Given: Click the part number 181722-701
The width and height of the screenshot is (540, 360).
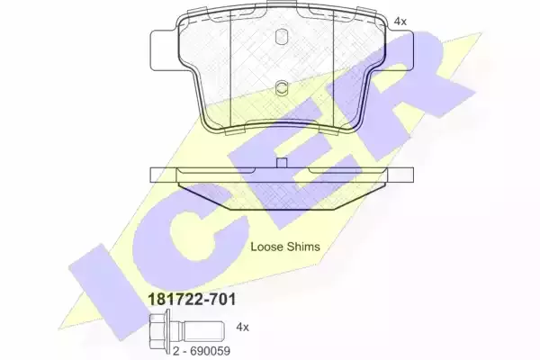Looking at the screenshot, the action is [x=192, y=299].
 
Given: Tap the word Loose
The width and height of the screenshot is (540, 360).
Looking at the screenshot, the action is [x=265, y=247].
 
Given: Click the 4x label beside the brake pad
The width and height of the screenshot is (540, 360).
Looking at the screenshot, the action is [x=400, y=22].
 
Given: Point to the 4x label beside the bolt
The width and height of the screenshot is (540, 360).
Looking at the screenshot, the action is [x=242, y=327].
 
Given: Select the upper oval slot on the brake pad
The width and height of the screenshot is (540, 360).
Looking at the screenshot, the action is [x=282, y=36].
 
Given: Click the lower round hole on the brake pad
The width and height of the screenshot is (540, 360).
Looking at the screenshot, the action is [x=282, y=87].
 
